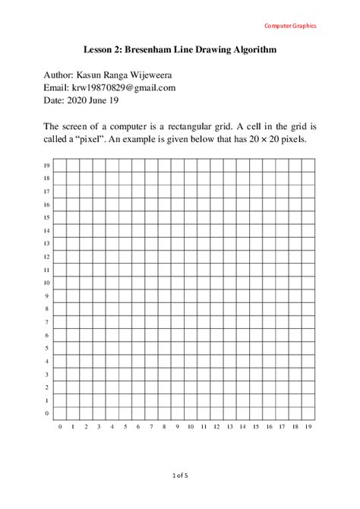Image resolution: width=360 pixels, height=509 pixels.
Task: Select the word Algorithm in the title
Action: pyautogui.click(x=251, y=50)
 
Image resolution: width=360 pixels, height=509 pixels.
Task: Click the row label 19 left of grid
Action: pyautogui.click(x=46, y=166)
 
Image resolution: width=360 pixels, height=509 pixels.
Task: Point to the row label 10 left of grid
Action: pyautogui.click(x=46, y=283)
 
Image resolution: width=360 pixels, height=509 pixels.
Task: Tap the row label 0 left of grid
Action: pyautogui.click(x=47, y=413)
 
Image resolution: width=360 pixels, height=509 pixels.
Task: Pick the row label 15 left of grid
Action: pyautogui.click(x=46, y=217)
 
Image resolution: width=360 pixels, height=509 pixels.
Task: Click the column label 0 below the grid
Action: pyautogui.click(x=60, y=427)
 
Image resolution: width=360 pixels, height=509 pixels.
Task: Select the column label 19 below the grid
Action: pyautogui.click(x=308, y=427)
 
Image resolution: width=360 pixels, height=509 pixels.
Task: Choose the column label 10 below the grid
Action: pyautogui.click(x=191, y=427)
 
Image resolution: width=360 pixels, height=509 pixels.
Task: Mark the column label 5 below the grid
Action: pyautogui.click(x=125, y=427)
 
